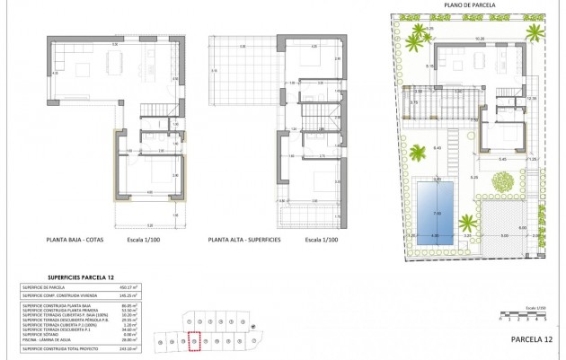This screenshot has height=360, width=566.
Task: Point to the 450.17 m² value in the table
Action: coord(140,288)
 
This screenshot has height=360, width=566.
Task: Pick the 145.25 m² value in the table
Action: coord(140,294)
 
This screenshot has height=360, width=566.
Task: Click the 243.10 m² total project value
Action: coord(140,348)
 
